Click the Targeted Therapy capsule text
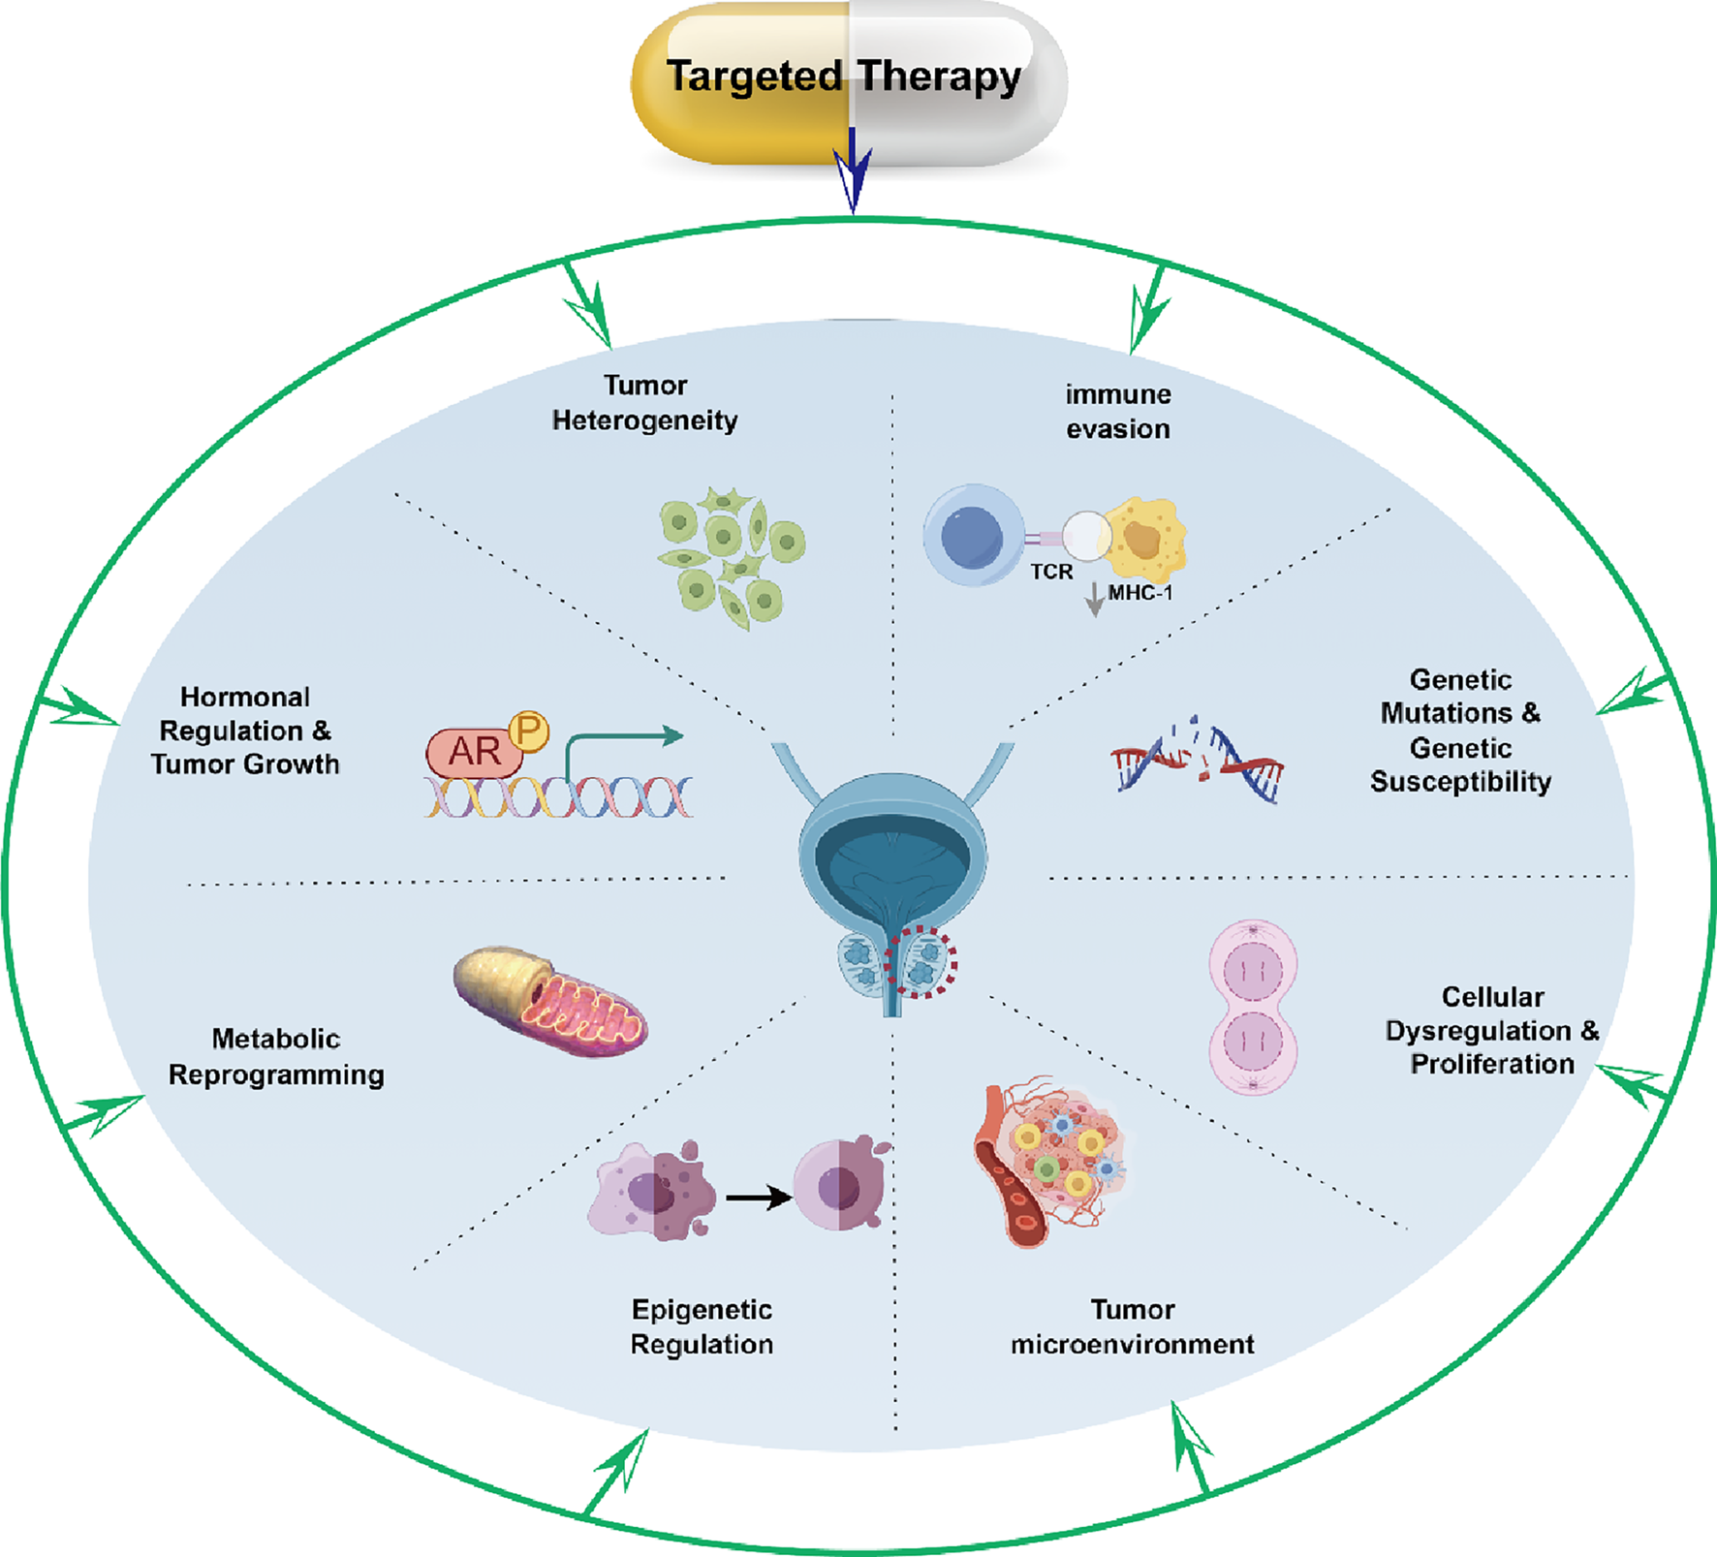[843, 76]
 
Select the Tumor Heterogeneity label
[644, 403]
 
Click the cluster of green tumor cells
[732, 558]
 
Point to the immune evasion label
[1118, 412]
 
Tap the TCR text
[1051, 573]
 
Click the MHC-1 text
[1140, 593]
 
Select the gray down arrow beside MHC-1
[1095, 600]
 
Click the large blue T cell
[973, 536]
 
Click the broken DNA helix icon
[1198, 762]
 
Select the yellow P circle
[528, 731]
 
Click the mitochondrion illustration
[550, 1002]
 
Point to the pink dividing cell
[1253, 1007]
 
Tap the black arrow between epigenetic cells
[757, 1199]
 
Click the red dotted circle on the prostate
[921, 962]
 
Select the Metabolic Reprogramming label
[276, 1057]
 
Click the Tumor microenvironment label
[1132, 1327]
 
